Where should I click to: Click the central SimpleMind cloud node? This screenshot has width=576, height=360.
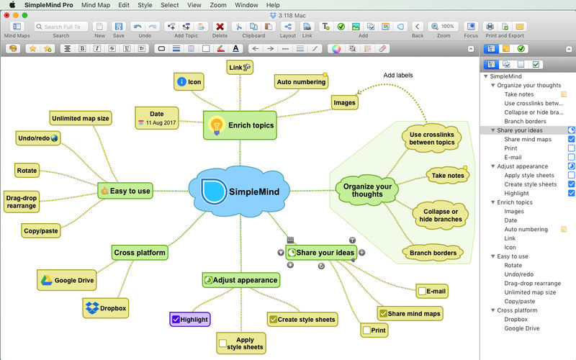(239, 191)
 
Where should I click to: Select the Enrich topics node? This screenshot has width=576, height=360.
(240, 125)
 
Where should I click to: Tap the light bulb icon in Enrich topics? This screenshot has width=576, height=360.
(217, 125)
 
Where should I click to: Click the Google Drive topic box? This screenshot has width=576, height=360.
(66, 280)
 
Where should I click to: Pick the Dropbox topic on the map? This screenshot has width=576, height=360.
(106, 308)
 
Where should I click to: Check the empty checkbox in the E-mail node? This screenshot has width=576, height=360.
(422, 292)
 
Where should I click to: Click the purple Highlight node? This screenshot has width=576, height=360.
(190, 320)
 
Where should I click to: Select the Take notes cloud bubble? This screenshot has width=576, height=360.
(448, 176)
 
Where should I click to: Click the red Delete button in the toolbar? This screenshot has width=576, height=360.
(220, 27)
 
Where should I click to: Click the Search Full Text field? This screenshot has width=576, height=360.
(61, 27)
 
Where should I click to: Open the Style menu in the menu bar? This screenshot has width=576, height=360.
(145, 5)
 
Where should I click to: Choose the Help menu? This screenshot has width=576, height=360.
(273, 5)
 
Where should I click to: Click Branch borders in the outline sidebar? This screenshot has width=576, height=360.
(525, 121)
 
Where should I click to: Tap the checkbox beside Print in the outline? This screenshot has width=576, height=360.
(571, 148)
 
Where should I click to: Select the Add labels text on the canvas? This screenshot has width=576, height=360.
(398, 76)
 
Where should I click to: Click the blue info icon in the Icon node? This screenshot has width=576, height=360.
(181, 81)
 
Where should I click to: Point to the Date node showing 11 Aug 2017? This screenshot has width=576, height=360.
(157, 118)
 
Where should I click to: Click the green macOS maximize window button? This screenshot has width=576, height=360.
(24, 15)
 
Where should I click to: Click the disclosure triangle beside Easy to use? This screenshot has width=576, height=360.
(493, 256)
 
